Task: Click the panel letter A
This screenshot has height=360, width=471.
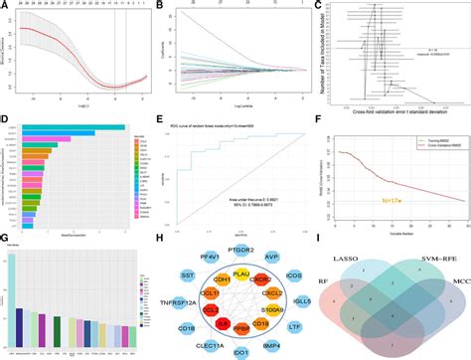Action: point(5,6)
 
